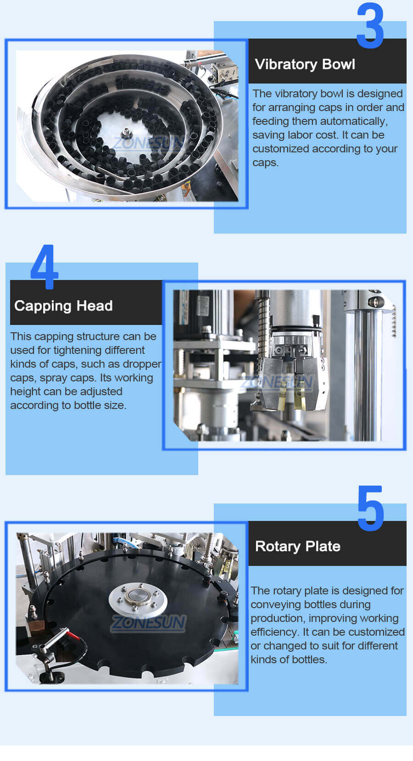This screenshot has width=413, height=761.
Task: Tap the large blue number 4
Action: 44,267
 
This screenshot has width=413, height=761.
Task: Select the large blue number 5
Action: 370,509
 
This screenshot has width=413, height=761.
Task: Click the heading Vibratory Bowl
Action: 305,64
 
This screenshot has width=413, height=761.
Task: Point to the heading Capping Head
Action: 63,306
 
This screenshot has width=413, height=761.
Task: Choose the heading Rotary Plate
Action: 297,546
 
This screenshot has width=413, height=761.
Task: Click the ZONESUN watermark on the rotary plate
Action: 148,623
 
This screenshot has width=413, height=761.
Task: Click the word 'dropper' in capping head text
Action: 142,364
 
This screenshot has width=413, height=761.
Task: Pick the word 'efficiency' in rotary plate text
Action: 274,632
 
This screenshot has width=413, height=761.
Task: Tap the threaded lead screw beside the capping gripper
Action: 262,321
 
